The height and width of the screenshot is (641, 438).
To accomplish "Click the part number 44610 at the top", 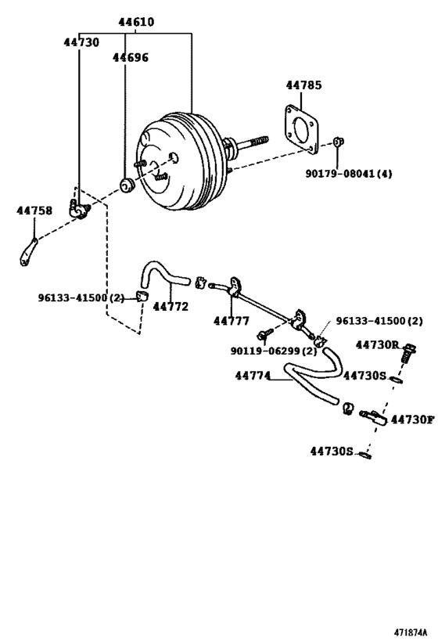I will coord(136,23).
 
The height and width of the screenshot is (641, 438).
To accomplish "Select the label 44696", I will coord(130,57).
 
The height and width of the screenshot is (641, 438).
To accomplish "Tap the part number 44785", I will coord(303,85).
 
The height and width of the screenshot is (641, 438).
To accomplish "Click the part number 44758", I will coord(34,211).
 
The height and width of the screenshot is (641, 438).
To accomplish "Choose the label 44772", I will coord(171,307).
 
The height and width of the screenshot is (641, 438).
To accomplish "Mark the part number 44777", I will coord(232,320).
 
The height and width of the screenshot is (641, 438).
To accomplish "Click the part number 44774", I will coord(253,376).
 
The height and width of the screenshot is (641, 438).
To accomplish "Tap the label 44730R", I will coord(377,344).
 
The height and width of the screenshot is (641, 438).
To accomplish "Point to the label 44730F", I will coord(411,420).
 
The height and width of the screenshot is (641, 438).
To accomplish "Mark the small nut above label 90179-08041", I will coord(337,142).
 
